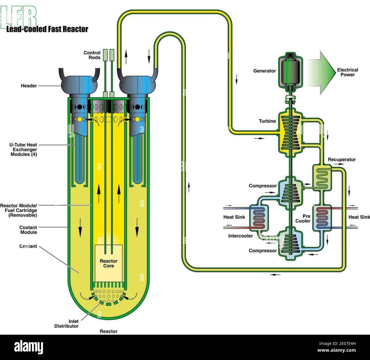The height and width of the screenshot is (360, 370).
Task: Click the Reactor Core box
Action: [108, 263]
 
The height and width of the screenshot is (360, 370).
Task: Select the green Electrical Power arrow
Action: [322, 73]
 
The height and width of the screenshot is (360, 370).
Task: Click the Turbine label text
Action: [267, 121]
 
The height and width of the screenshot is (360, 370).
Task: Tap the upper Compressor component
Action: [290, 190]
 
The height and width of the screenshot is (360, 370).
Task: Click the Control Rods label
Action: [92, 55]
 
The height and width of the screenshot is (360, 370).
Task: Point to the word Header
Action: [29, 86]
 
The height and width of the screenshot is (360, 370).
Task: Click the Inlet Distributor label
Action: [66, 324]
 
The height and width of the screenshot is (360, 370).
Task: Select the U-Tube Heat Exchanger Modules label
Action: [23, 149]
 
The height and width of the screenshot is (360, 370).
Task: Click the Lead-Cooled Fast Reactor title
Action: [47, 29]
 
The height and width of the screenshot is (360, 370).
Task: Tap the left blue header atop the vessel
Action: [79, 85]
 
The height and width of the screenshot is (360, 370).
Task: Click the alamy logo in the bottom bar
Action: [28, 347]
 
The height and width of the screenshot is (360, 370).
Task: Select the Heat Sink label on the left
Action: [234, 217]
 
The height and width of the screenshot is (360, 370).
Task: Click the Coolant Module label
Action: [28, 230]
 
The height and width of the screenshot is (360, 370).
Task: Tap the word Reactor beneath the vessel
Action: [108, 331]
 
